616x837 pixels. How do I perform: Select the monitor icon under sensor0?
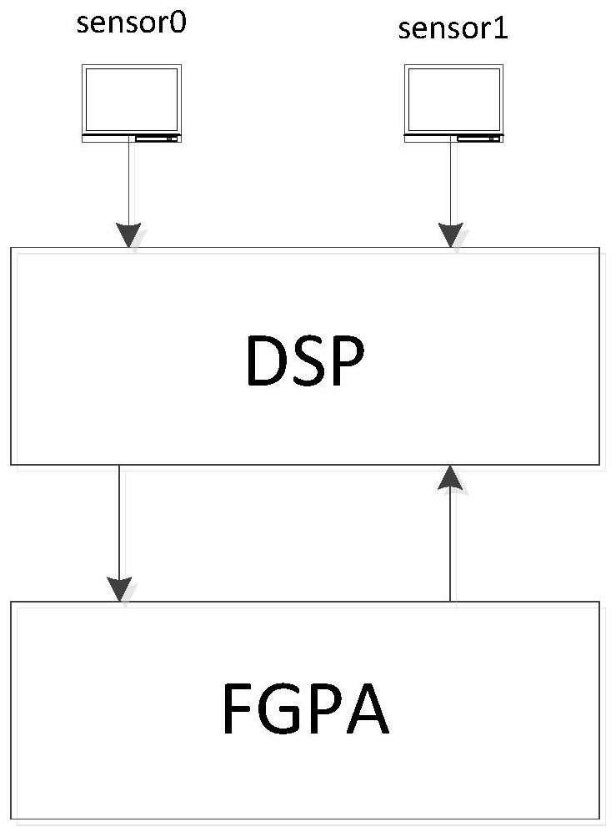coord(132,103)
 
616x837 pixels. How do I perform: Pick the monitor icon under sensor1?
coord(453,103)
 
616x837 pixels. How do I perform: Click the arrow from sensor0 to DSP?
coord(129,192)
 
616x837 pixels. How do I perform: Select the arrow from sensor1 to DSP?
coord(452,192)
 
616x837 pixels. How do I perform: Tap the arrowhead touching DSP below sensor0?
coord(129,236)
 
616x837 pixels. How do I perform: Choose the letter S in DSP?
coord(310,361)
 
